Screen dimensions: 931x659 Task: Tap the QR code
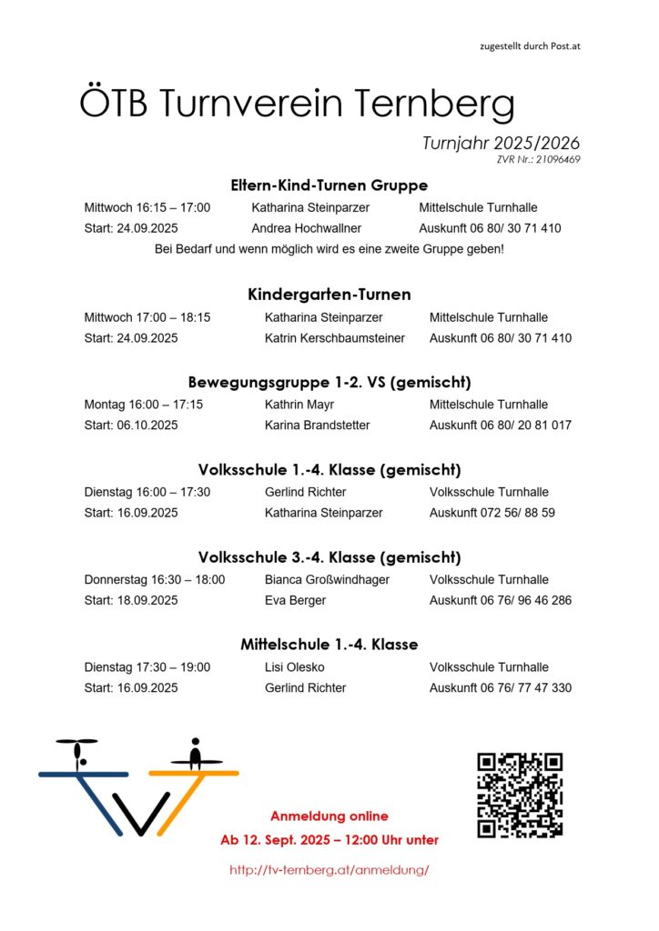520,795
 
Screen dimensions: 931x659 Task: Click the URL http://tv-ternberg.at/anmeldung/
329,870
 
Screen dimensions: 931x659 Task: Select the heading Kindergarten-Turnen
329,295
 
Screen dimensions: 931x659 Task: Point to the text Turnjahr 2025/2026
501,144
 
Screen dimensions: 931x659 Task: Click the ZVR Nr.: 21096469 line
539,160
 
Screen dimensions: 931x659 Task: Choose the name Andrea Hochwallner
306,228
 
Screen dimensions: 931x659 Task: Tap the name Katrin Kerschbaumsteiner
334,338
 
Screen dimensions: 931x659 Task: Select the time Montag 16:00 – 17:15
143,405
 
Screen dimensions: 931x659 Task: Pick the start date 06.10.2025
147,425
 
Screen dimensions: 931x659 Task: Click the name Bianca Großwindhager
327,579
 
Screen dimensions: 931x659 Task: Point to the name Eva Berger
295,600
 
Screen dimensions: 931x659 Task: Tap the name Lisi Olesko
295,667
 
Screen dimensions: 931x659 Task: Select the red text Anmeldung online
329,816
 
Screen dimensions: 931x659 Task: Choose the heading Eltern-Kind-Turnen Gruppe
329,185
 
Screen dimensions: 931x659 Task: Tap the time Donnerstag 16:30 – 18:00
154,579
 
